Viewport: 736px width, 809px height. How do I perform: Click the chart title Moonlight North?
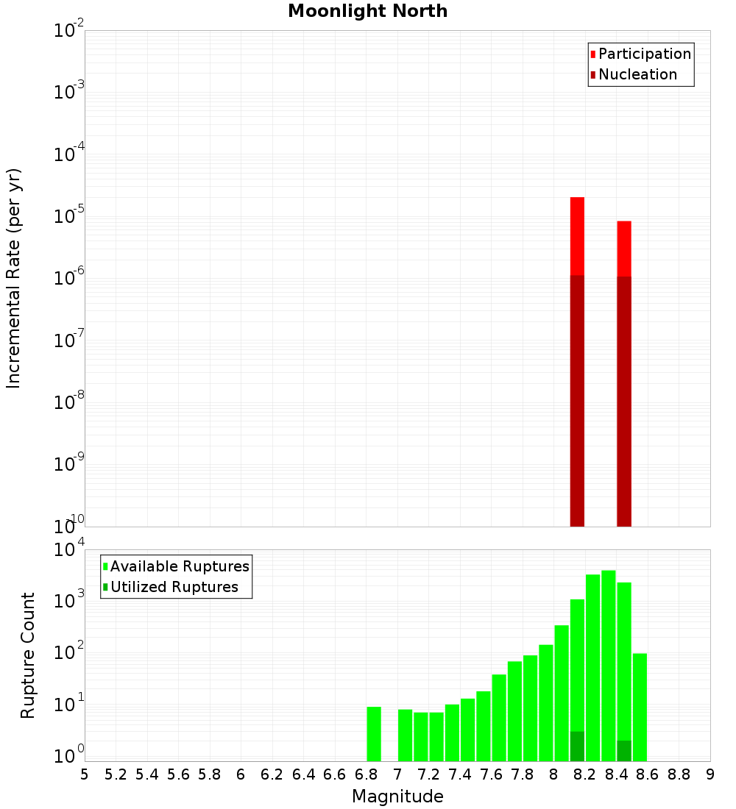pos(367,11)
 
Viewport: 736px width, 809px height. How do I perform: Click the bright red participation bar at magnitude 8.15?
pos(577,235)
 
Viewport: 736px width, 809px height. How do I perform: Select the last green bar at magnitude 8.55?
pos(640,706)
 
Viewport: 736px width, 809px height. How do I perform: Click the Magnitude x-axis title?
pos(397,796)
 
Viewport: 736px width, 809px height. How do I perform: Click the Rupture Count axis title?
pos(28,655)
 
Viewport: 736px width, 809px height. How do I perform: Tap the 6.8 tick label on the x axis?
pos(366,774)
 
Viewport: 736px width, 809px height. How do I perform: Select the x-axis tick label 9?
pos(710,774)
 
